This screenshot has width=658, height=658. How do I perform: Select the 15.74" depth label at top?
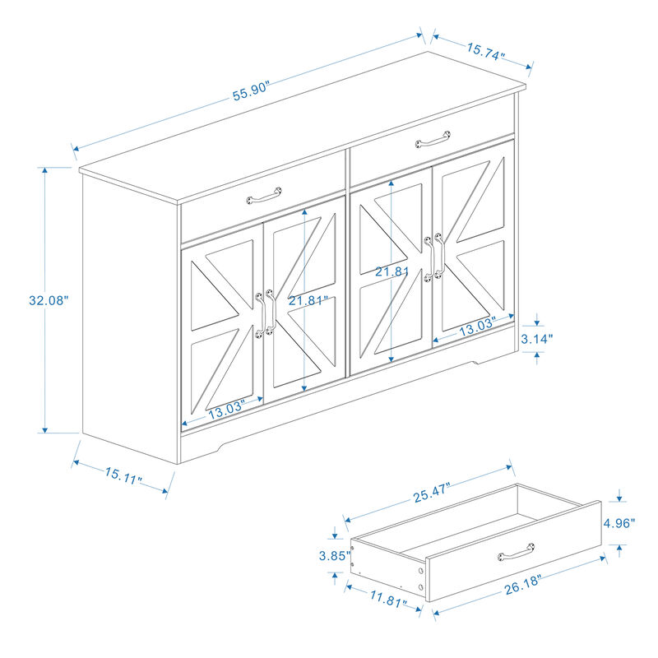(x=486, y=52)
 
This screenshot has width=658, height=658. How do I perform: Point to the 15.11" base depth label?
(x=123, y=477)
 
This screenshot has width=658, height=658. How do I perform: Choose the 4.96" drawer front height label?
(x=619, y=523)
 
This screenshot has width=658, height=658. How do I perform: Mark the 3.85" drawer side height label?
(x=334, y=555)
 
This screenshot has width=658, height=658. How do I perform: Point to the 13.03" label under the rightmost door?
(x=477, y=328)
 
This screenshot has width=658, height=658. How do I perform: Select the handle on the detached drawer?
(x=517, y=552)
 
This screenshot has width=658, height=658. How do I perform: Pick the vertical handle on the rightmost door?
(x=439, y=260)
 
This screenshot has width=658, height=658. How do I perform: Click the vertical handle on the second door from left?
(x=269, y=311)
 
